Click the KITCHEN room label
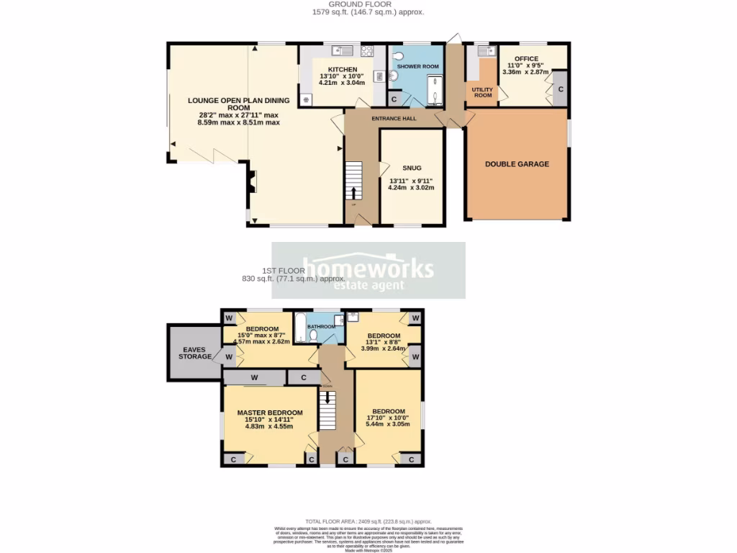pyautogui.click(x=342, y=68)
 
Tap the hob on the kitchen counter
pyautogui.click(x=367, y=50)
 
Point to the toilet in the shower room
pyautogui.click(x=394, y=75)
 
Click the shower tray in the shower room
pyautogui.click(x=434, y=91)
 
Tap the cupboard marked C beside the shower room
pyautogui.click(x=394, y=99)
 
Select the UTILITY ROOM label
pyautogui.click(x=481, y=92)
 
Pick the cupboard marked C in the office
pyautogui.click(x=560, y=89)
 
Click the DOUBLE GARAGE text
pyautogui.click(x=517, y=164)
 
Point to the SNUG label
pyautogui.click(x=412, y=168)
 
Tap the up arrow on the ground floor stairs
pyautogui.click(x=353, y=192)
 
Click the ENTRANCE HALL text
pyautogui.click(x=391, y=117)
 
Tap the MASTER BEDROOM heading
pyautogui.click(x=270, y=413)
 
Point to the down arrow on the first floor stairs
pyautogui.click(x=327, y=397)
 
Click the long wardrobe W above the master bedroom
pyautogui.click(x=254, y=377)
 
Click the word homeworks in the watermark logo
pyautogui.click(x=368, y=268)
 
